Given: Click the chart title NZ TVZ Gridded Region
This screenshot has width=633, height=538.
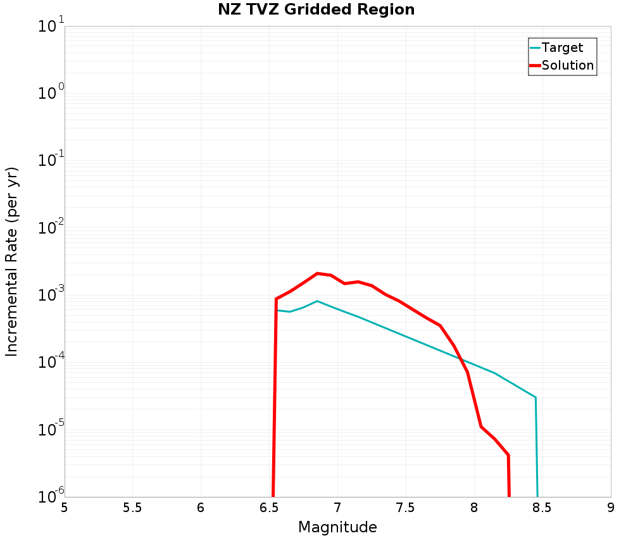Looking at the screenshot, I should tap(316, 10).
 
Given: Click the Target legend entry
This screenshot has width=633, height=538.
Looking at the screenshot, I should tap(562, 47).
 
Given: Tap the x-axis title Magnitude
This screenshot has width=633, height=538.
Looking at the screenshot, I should tap(337, 527).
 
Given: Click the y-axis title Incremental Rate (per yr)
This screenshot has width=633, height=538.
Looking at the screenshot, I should tap(12, 261).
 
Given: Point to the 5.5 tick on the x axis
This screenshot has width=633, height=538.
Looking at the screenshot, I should tap(132, 508).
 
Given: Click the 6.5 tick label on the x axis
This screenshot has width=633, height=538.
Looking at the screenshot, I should tap(269, 508).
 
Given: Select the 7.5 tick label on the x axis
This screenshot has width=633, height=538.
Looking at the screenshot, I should tap(406, 508).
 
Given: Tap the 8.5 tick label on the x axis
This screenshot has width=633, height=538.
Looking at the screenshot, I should tap(542, 508).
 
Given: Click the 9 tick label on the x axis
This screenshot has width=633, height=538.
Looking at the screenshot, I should tap(611, 508).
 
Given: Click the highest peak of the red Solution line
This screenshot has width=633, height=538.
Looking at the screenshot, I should tap(317, 273).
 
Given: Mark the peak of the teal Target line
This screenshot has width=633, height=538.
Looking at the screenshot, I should tap(317, 301).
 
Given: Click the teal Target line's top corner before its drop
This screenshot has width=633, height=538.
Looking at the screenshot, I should tap(536, 397).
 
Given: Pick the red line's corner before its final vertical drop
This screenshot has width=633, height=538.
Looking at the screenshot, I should tap(508, 455).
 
